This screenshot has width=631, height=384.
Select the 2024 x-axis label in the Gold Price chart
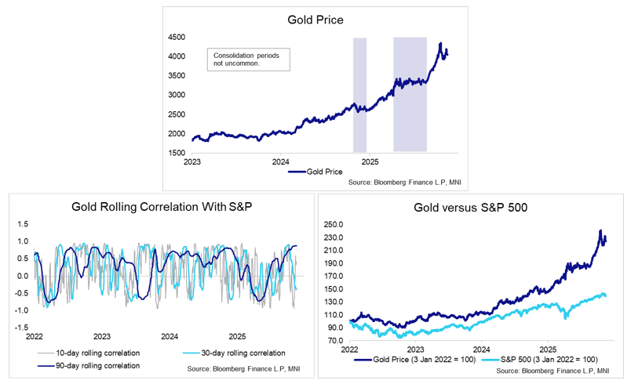pos(281,162)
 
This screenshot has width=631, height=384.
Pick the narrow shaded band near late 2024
pos(359,94)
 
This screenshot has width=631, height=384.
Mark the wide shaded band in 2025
pos(410,94)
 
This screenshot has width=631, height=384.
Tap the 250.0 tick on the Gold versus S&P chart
pos(334,226)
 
